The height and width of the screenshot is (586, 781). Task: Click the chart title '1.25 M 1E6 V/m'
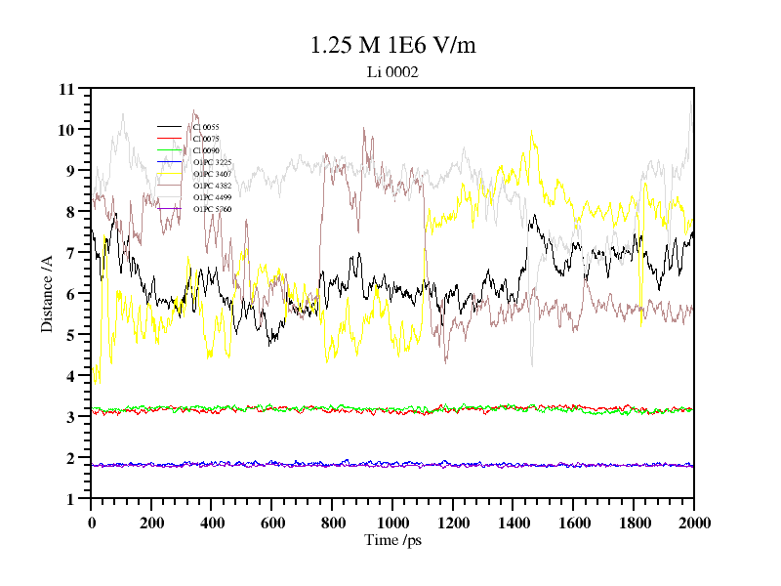[392, 45]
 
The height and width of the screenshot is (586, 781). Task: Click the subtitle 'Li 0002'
[392, 71]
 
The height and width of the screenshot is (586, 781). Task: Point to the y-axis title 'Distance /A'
[47, 294]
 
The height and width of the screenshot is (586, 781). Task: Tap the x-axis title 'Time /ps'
[392, 539]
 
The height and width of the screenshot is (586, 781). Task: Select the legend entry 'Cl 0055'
[206, 127]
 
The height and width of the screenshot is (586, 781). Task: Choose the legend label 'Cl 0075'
[206, 139]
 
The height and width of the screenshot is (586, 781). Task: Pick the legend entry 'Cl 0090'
[206, 150]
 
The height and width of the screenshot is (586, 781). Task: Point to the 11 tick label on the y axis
[67, 89]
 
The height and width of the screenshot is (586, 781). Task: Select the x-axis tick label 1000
[392, 523]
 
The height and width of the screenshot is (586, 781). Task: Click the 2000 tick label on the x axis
[694, 523]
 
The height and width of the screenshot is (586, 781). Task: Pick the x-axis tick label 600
[271, 523]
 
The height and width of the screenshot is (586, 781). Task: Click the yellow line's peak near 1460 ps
[531, 131]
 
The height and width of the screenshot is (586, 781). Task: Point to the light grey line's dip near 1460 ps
[532, 365]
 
